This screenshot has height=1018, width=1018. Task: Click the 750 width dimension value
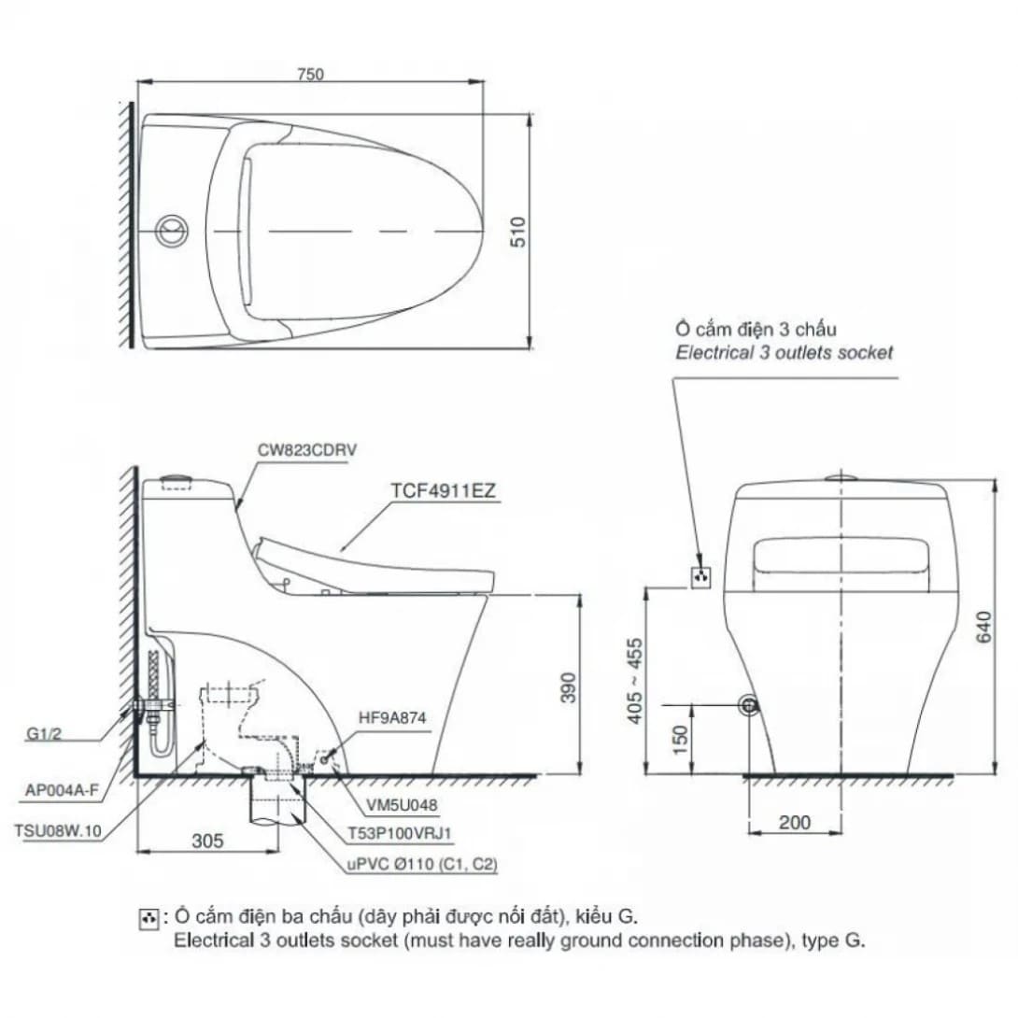(x=311, y=75)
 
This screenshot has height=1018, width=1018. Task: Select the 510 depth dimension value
(x=519, y=231)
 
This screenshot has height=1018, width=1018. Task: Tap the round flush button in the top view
(x=171, y=229)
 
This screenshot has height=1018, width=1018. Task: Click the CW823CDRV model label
(x=307, y=450)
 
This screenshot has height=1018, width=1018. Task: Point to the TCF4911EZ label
(x=444, y=488)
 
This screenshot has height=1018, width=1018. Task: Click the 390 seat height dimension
(x=568, y=686)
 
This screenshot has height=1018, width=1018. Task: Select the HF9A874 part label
(x=392, y=717)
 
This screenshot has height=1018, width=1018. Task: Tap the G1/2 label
(x=43, y=735)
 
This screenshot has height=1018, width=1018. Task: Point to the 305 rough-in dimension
(x=207, y=841)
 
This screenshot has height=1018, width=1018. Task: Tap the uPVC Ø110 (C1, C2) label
(x=422, y=865)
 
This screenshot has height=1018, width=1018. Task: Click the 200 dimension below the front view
(x=794, y=823)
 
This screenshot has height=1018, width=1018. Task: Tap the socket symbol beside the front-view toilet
(x=700, y=577)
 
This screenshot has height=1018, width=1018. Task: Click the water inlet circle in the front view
(x=747, y=706)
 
